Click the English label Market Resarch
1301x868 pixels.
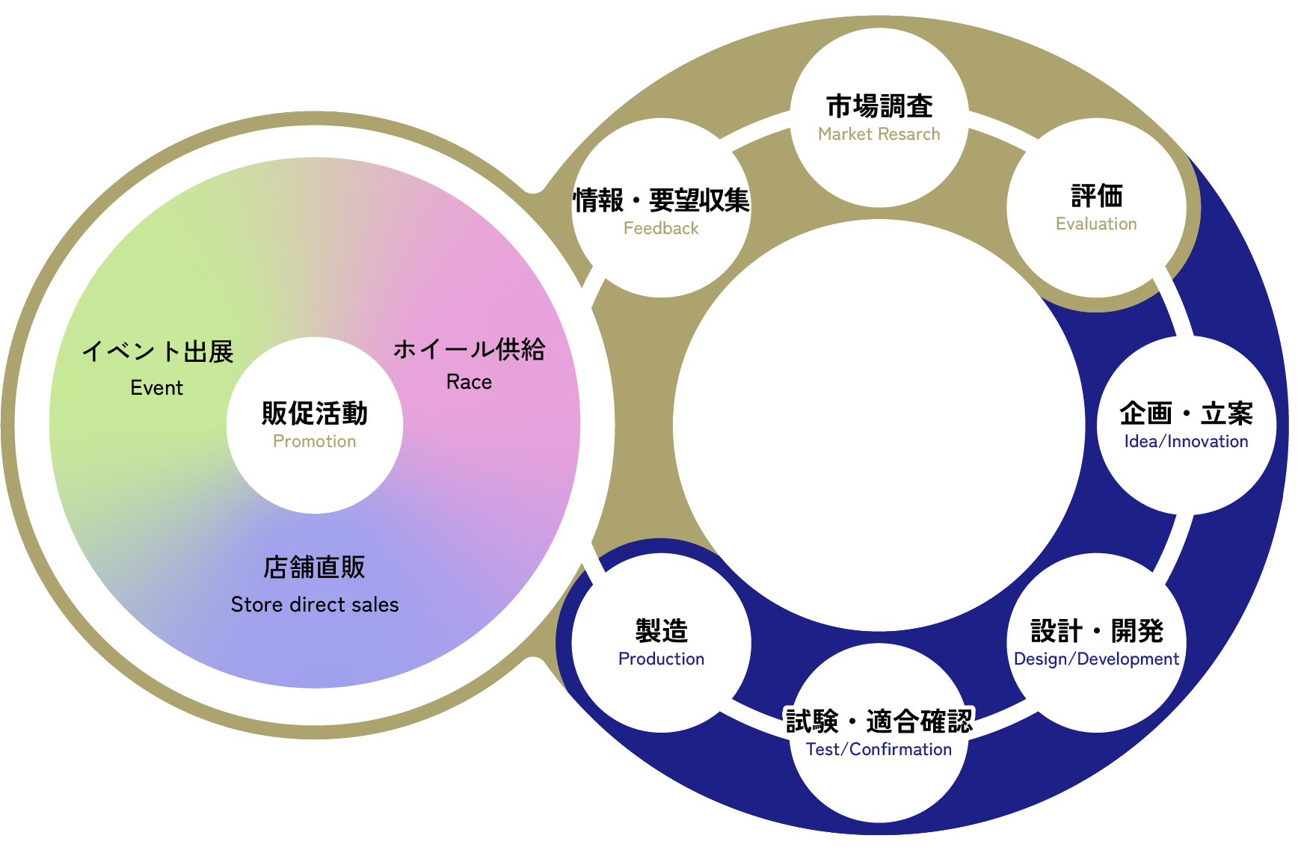click(879, 135)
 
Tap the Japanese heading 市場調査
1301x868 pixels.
click(879, 106)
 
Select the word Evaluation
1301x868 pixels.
click(1096, 224)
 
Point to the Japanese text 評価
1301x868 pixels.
click(1097, 196)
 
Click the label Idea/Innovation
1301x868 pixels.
click(1186, 442)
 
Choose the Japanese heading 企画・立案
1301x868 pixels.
click(1186, 413)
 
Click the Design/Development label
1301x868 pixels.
click(1096, 659)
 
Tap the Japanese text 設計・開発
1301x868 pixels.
click(1097, 631)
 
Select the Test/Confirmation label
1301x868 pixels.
click(879, 750)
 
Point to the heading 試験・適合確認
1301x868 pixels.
click(879, 721)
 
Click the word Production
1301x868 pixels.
click(661, 659)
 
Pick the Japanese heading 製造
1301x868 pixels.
click(662, 631)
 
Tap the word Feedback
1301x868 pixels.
click(661, 229)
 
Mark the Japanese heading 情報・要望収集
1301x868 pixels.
click(662, 200)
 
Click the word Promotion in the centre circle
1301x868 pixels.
click(314, 442)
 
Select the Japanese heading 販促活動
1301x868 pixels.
click(315, 413)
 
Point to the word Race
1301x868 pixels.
click(469, 382)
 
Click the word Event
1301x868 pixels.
click(156, 388)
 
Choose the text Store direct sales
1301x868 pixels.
click(315, 605)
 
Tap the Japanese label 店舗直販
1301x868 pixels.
click(315, 567)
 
